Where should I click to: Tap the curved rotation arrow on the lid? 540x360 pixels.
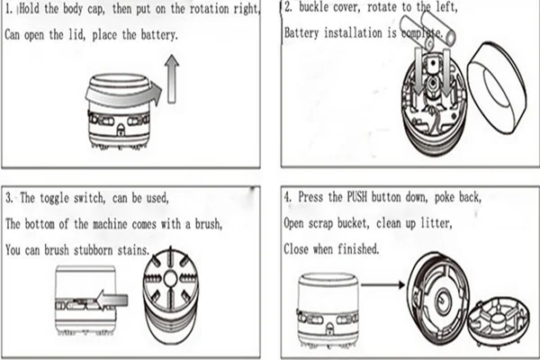click(x=126, y=91)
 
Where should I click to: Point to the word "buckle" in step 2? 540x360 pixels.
click(x=314, y=13)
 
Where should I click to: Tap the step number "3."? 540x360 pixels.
click(x=10, y=197)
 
